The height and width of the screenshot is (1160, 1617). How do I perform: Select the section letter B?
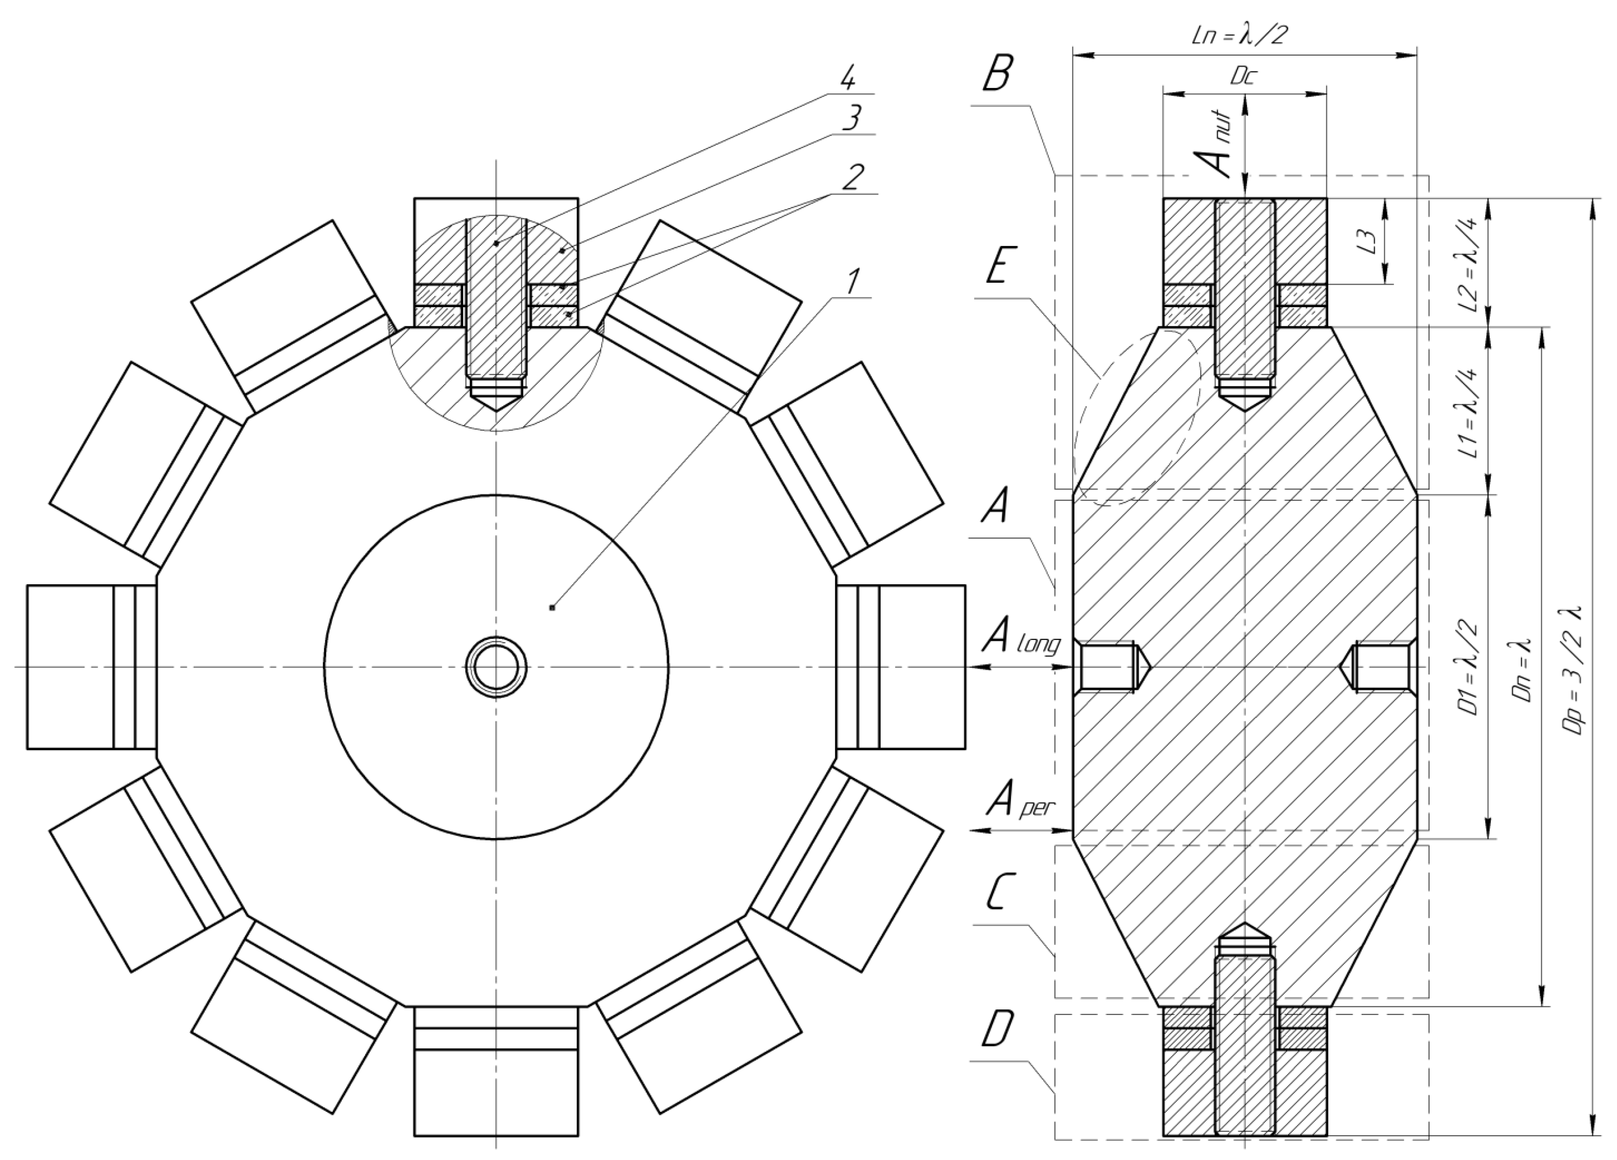coord(996,74)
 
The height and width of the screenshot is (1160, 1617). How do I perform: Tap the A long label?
coord(1019,639)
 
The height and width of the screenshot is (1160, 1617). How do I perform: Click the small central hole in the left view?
coord(496,667)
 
